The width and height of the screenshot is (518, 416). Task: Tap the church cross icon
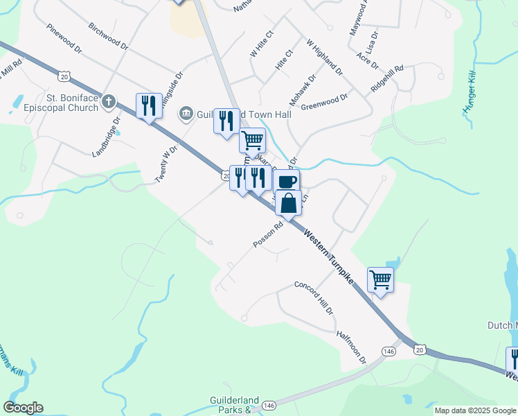pyautogui.click(x=107, y=103)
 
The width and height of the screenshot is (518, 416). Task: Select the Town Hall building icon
pyautogui.click(x=185, y=113)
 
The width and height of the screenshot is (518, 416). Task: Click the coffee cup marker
pyautogui.click(x=287, y=182)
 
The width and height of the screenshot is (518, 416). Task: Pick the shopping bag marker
pyautogui.click(x=289, y=204)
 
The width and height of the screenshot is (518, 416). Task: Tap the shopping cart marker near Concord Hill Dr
pyautogui.click(x=380, y=279)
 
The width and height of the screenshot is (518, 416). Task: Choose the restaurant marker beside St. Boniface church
pyautogui.click(x=149, y=106)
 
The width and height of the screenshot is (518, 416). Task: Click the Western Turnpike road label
pyautogui.click(x=328, y=257)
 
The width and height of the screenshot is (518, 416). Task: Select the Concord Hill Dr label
pyautogui.click(x=314, y=297)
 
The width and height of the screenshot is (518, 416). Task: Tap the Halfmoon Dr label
pyautogui.click(x=351, y=346)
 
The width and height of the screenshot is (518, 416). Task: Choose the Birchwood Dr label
pyautogui.click(x=109, y=36)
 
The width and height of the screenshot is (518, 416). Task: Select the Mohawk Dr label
pyautogui.click(x=303, y=91)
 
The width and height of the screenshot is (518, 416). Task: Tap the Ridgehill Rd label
pyautogui.click(x=387, y=80)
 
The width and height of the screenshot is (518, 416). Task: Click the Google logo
pyautogui.click(x=23, y=408)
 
